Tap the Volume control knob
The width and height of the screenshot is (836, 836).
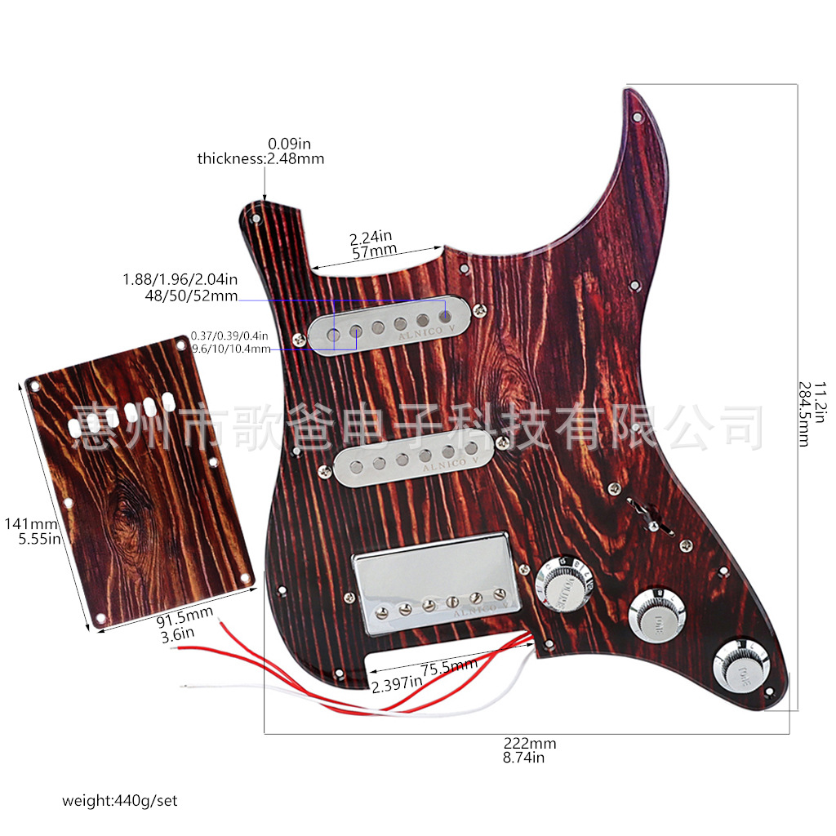(x=560, y=584)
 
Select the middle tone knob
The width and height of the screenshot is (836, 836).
(x=656, y=615)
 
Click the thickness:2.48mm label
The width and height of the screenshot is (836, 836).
(x=260, y=158)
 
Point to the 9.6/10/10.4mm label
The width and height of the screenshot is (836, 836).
(x=230, y=349)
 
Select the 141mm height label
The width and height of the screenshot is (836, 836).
(x=20, y=523)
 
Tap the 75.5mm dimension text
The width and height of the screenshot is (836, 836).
(x=448, y=666)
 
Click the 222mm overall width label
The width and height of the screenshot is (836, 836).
(x=529, y=744)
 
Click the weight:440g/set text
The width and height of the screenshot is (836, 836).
(x=119, y=800)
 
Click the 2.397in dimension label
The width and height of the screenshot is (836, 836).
(x=396, y=683)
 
